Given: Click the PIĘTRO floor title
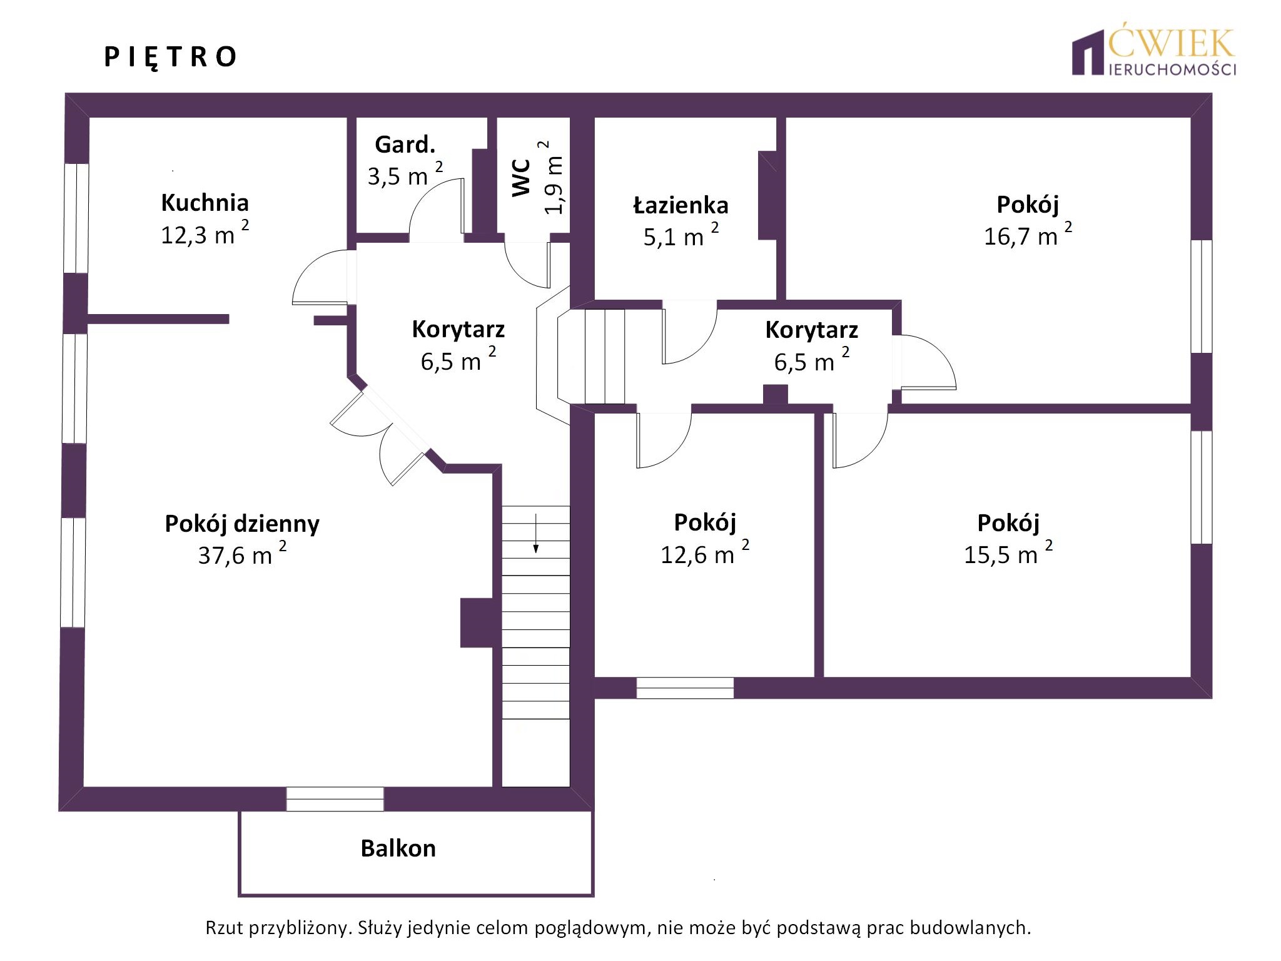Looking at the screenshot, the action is click(x=170, y=57).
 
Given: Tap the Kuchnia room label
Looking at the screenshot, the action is click(x=205, y=203).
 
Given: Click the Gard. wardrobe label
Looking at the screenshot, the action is click(x=405, y=145).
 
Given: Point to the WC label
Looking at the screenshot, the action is click(x=521, y=178).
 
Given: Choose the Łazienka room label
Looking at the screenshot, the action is click(x=681, y=205).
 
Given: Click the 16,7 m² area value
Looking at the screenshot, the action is click(x=1028, y=235).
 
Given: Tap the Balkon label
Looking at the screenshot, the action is click(x=398, y=848).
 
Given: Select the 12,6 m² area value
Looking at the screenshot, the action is click(x=705, y=553).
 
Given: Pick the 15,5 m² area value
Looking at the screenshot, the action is click(x=1008, y=553).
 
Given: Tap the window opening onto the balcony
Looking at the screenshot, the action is click(x=335, y=799).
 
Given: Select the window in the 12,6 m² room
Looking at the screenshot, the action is click(x=685, y=688).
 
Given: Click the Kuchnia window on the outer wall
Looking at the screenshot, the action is click(x=76, y=218).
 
